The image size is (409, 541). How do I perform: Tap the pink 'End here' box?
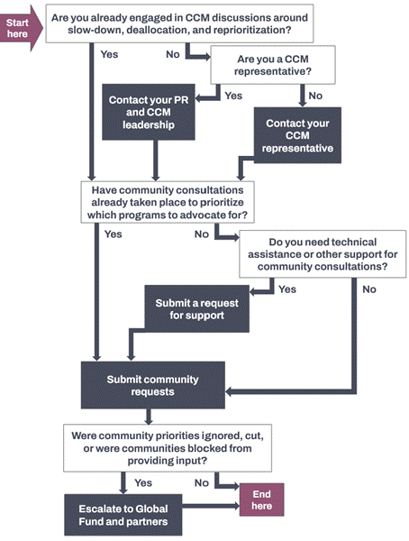coord(262,500)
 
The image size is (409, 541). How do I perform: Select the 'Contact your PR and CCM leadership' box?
coord(149,112)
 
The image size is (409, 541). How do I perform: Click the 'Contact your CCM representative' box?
coord(297,135)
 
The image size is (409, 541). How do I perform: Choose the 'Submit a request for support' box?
coord(196,308)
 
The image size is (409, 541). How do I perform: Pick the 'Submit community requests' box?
coord(153,385)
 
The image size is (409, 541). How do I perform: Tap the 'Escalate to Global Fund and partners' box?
coord(123,515)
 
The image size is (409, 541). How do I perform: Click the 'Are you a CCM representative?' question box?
coord(273,65)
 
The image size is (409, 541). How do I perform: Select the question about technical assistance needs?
coord(323,254)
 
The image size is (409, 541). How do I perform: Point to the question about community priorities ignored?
coord(168,448)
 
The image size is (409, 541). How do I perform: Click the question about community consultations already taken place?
coord(168,202)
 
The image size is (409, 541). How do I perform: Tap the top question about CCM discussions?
coord(179,23)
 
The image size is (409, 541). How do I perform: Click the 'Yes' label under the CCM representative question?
coord(233,96)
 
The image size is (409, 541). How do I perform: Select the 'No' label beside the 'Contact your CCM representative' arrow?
coord(315,96)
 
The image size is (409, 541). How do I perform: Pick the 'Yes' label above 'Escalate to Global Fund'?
coord(143,482)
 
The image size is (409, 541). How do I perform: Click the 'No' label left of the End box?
coord(202,482)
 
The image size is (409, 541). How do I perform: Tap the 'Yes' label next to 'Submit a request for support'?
coord(287,289)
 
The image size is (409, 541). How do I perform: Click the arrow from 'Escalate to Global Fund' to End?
coord(211,506)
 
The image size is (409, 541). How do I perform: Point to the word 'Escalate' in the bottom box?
coord(100,509)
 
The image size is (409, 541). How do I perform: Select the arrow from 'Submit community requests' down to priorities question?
coord(149,417)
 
